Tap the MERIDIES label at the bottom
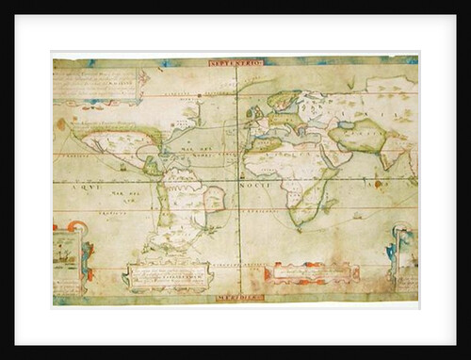[x=236, y=297]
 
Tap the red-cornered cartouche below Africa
[x=311, y=273]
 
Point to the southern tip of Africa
[x=300, y=225]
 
